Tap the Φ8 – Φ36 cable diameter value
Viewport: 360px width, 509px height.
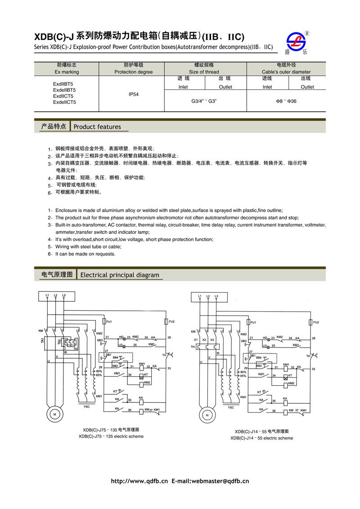286,102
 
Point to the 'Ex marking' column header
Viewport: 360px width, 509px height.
67,72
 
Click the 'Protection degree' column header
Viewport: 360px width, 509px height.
134,72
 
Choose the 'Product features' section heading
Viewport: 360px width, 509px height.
97,127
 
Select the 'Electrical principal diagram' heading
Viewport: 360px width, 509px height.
119,275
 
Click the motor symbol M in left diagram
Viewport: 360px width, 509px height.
54,413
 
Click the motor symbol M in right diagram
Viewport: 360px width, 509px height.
207,415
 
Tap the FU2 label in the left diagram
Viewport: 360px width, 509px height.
171,321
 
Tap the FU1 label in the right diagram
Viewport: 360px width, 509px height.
253,322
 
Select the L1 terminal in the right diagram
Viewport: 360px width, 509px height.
200,296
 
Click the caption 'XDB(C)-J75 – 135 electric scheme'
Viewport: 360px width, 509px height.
111,436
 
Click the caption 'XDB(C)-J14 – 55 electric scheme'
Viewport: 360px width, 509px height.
261,438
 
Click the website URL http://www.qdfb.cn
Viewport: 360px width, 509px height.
139,481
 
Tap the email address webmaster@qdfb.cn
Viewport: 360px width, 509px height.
220,481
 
